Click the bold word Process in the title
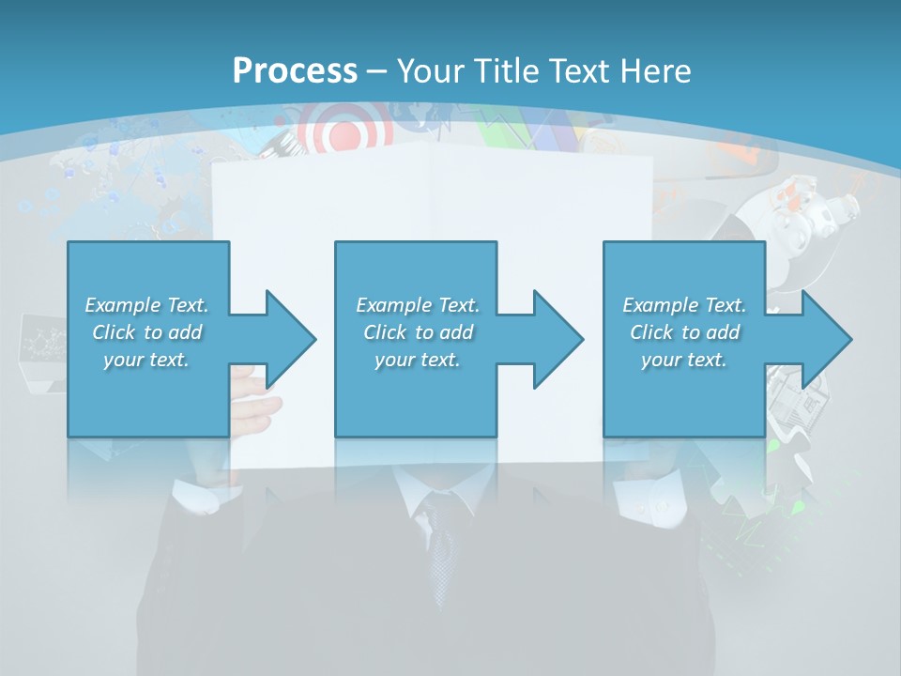pos(295,70)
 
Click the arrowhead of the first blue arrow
pos(292,339)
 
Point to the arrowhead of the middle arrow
pos(559,339)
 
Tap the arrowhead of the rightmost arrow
pos(828,339)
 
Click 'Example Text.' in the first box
pos(146,305)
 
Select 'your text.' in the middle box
pos(417,360)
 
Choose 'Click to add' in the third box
pos(684,332)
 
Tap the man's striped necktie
pos(439,545)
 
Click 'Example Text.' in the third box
pos(684,305)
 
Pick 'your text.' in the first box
pos(146,360)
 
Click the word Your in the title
pos(428,70)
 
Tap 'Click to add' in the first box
pos(146,332)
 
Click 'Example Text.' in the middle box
pos(417,305)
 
